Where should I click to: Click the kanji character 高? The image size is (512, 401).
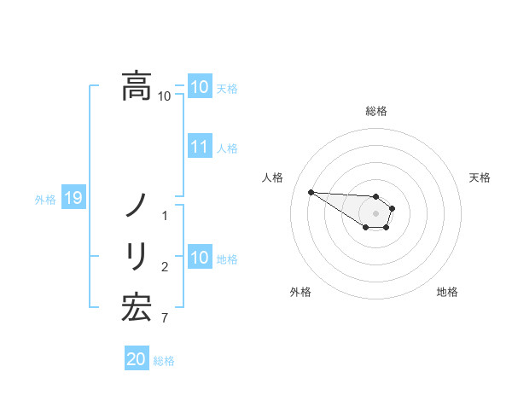pyautogui.click(x=137, y=86)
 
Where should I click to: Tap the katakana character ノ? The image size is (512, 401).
pyautogui.click(x=137, y=206)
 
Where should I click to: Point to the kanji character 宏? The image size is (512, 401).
pyautogui.click(x=137, y=307)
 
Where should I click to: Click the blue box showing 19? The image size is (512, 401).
pyautogui.click(x=73, y=199)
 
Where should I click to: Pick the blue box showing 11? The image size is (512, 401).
pyautogui.click(x=199, y=147)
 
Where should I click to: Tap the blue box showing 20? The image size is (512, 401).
pyautogui.click(x=137, y=359)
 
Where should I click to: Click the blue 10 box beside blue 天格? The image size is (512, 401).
pyautogui.click(x=199, y=87)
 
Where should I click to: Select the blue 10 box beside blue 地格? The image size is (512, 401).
pyautogui.click(x=199, y=258)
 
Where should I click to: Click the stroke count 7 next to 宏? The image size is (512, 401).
pyautogui.click(x=165, y=318)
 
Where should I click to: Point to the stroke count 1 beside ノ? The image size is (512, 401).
pyautogui.click(x=165, y=216)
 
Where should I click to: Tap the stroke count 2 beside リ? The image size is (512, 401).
pyautogui.click(x=165, y=267)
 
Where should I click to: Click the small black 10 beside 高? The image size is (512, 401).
pyautogui.click(x=165, y=96)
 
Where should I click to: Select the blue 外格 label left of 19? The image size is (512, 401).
pyautogui.click(x=44, y=200)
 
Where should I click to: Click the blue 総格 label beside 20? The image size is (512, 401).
pyautogui.click(x=164, y=361)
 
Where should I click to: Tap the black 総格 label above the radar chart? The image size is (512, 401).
pyautogui.click(x=376, y=111)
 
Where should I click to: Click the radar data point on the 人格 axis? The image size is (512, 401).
pyautogui.click(x=311, y=192)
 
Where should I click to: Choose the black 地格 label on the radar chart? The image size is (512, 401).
pyautogui.click(x=447, y=292)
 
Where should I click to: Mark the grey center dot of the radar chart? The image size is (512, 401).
pyautogui.click(x=376, y=213)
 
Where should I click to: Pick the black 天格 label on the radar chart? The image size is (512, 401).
pyautogui.click(x=480, y=177)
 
